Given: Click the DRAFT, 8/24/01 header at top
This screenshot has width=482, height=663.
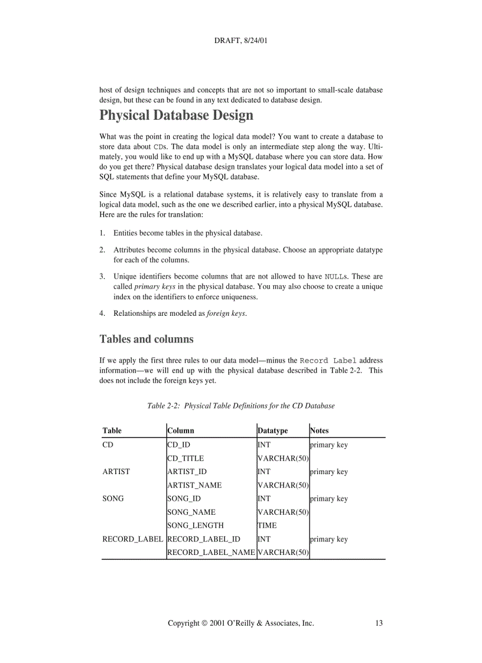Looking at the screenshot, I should (x=241, y=41).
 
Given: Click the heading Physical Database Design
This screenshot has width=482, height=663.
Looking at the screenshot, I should (x=176, y=115).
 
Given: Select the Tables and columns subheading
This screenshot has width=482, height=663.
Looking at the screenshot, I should (x=146, y=339).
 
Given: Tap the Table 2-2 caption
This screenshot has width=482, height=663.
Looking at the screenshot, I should (x=240, y=406).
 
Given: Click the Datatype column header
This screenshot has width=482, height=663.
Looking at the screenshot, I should (x=273, y=431).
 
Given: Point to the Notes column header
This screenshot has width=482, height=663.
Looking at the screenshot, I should (x=320, y=431).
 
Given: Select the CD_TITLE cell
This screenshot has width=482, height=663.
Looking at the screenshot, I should (x=185, y=458).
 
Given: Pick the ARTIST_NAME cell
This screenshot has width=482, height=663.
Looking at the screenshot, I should (x=194, y=485).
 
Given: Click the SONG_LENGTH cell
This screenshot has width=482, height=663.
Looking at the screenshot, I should (x=196, y=525).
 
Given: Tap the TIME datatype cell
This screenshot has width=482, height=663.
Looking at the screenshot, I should (x=267, y=525).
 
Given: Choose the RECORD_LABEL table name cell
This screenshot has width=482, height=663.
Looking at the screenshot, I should (x=132, y=539).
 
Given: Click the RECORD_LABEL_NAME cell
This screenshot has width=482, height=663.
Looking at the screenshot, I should (x=211, y=553).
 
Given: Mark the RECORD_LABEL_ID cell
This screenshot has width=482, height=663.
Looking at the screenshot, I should (x=204, y=539).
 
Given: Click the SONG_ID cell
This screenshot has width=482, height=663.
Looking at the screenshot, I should (x=184, y=499).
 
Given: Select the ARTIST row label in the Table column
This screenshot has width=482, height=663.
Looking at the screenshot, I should (x=116, y=472).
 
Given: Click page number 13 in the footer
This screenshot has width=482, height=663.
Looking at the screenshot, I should (x=379, y=623).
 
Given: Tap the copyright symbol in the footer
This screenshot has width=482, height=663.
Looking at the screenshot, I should (x=204, y=623).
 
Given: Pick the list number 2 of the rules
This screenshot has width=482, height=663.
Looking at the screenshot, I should (x=102, y=250).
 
